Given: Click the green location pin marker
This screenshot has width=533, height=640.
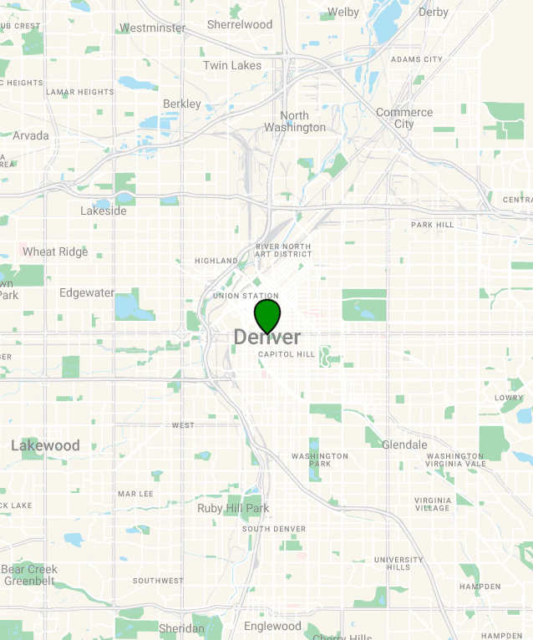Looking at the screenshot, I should coord(267,316).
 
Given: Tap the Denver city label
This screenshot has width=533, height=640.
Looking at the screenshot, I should coord(267,338).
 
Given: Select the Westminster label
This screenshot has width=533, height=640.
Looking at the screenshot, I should coord(152,28).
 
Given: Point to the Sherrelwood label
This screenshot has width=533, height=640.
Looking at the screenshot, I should coord(240,24).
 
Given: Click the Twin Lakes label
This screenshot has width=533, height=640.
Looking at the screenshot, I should coord(232,65).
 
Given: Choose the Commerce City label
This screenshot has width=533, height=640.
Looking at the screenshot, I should coord(404,118).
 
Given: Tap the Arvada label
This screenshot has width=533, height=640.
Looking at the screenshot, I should coord(30,135).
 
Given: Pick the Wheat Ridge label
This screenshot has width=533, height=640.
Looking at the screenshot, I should coord(55,251).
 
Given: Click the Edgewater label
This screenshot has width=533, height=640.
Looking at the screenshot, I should coord(87,292).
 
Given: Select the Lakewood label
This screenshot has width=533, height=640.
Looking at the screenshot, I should coord(45,445).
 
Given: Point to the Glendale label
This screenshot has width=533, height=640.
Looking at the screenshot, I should coord(404,444).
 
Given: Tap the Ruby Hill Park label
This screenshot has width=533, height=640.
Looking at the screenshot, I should coord(233,508).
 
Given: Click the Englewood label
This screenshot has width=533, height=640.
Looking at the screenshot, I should coord(272,626).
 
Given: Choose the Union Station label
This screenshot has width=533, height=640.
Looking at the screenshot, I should coord(246,296).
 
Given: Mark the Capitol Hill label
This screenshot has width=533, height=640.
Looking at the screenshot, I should coord(287,354).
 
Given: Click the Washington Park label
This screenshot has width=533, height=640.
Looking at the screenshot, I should coord(320,460).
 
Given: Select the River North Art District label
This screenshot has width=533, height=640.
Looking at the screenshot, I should coord(283,251).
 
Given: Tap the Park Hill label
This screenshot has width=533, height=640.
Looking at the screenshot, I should coord(432,225).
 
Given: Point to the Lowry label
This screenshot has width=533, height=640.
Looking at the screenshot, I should coord(508,398).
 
